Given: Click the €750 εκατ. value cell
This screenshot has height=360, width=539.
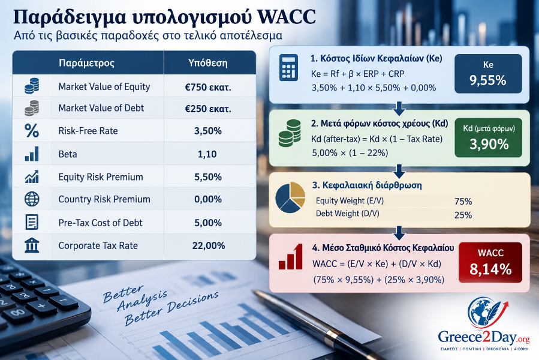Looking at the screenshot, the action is coord(208,87).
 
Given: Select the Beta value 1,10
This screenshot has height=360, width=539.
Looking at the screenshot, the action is coord(207,154).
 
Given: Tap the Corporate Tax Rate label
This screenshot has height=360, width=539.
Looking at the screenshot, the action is coord(98,245).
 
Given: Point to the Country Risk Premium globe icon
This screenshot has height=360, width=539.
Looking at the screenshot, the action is coord(32,199).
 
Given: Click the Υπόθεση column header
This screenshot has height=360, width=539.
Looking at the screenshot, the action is coord(207,63).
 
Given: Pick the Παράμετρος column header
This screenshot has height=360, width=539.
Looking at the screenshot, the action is coord(86,63).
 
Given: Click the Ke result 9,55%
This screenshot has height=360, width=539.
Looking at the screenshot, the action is coord(488,80).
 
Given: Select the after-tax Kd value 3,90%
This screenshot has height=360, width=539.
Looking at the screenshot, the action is coord(489,144).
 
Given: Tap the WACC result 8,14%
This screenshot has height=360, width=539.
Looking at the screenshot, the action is coord(490,269).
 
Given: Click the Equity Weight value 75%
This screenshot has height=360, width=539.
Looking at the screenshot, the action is coord(463,202).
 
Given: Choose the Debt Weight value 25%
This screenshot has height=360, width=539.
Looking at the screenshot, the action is coord(463,215).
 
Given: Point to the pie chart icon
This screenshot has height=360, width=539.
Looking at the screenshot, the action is coord(290,197).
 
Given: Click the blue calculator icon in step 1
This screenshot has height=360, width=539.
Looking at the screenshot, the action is coord(288,67).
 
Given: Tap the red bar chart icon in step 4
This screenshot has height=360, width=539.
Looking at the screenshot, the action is coord(291,257).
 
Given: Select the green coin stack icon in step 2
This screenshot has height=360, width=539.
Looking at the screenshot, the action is coord(290,133).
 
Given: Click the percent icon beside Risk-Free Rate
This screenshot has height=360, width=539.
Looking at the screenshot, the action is coord(32,131).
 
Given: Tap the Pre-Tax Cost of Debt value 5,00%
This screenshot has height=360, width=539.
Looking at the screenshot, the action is coord(208,223).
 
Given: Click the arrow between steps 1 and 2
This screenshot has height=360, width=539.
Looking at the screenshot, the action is coord(399,108).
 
